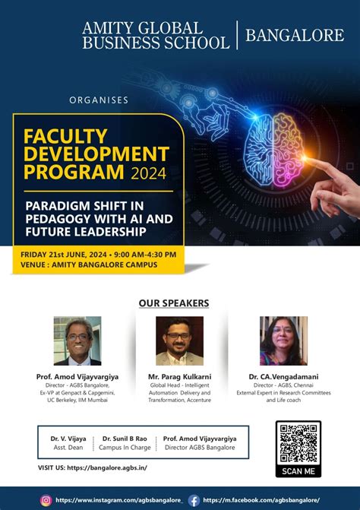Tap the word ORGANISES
(98, 100)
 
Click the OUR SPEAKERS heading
(174, 303)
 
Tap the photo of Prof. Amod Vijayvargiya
(77, 341)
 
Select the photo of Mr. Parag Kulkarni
(179, 341)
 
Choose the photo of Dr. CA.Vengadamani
(283, 341)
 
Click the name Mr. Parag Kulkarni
(179, 376)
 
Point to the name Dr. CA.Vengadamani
(283, 376)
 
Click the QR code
(298, 443)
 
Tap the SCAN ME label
(298, 470)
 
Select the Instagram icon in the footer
(46, 500)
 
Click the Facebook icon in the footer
(194, 500)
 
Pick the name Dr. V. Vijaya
(68, 439)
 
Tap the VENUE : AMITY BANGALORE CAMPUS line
(94, 265)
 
